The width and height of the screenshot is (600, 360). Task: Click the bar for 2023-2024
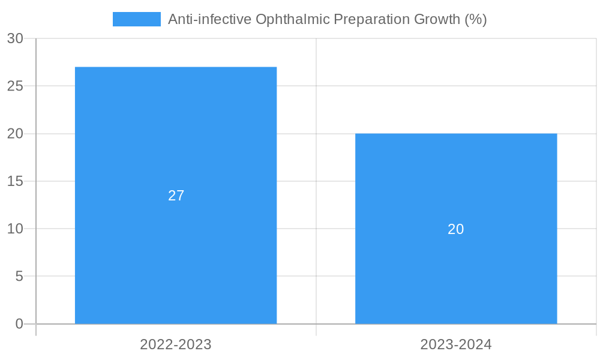(x=456, y=270)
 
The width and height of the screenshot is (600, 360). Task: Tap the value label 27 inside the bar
(x=176, y=196)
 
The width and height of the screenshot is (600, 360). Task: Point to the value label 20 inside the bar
(x=456, y=229)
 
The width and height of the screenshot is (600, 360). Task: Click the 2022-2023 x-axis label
(x=176, y=344)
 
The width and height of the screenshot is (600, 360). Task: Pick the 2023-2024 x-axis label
(x=456, y=344)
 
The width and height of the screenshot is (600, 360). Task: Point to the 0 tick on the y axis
(x=19, y=324)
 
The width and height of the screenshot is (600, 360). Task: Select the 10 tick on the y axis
(x=15, y=229)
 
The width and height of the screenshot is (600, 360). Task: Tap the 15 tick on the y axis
(x=15, y=181)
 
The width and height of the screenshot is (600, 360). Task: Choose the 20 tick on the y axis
(x=15, y=134)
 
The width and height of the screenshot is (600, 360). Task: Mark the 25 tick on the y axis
(x=15, y=86)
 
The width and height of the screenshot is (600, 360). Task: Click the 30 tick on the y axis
(x=15, y=38)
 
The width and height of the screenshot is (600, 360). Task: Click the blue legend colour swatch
(x=137, y=19)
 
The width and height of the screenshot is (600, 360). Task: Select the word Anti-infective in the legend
(x=210, y=19)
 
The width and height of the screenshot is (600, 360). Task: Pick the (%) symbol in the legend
(x=476, y=19)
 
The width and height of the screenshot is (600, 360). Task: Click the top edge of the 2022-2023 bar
(x=176, y=67)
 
